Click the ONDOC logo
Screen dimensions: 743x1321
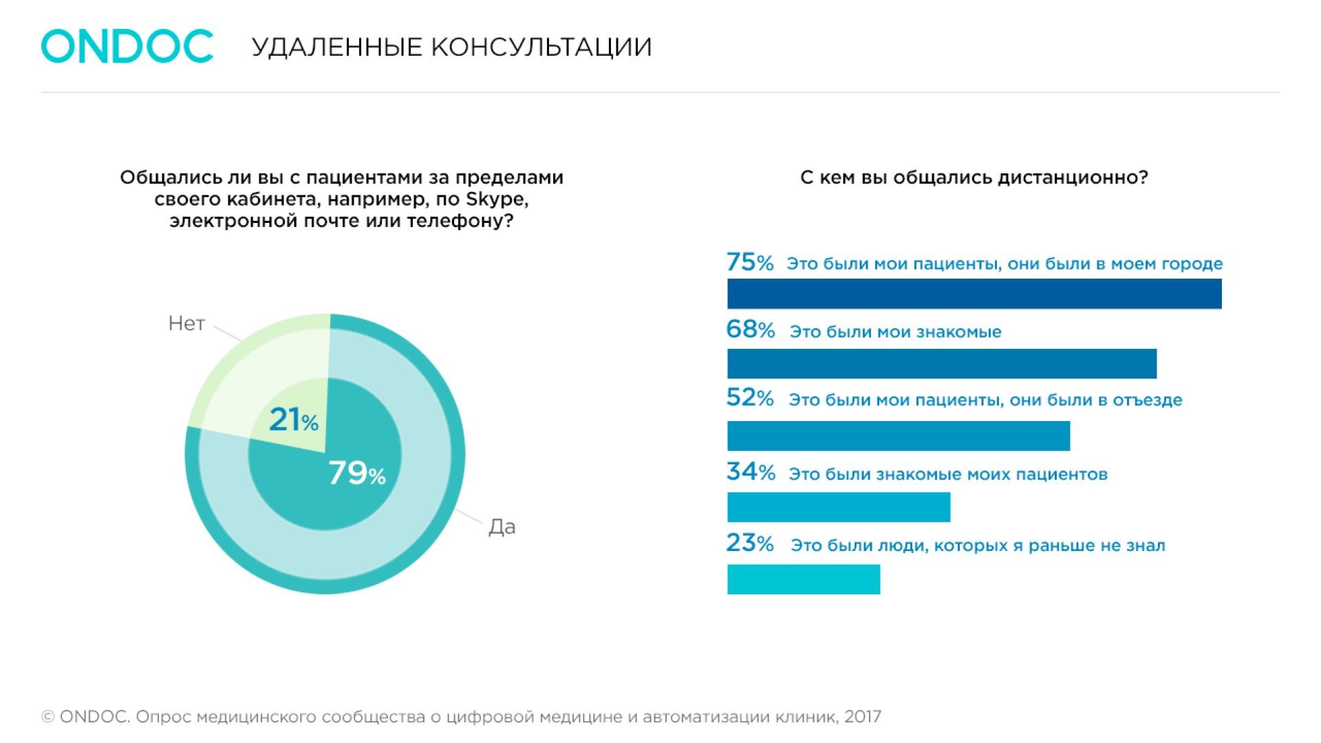click(127, 46)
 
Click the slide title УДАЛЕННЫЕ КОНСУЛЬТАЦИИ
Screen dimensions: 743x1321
click(451, 47)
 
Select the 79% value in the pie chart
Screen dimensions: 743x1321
click(356, 473)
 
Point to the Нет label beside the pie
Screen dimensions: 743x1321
click(186, 324)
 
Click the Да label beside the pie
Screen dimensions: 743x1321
click(502, 527)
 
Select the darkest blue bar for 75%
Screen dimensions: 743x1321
click(974, 294)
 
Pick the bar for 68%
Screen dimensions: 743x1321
click(941, 363)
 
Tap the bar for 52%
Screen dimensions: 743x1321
click(898, 435)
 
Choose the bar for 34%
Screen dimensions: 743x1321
click(838, 507)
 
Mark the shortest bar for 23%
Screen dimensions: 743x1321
click(803, 579)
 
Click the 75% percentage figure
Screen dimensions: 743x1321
click(750, 263)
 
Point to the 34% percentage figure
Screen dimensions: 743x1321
click(750, 473)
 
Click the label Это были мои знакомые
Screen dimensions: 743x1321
click(895, 332)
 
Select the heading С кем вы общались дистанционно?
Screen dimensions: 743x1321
click(974, 177)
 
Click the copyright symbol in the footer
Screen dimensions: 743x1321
click(48, 718)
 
